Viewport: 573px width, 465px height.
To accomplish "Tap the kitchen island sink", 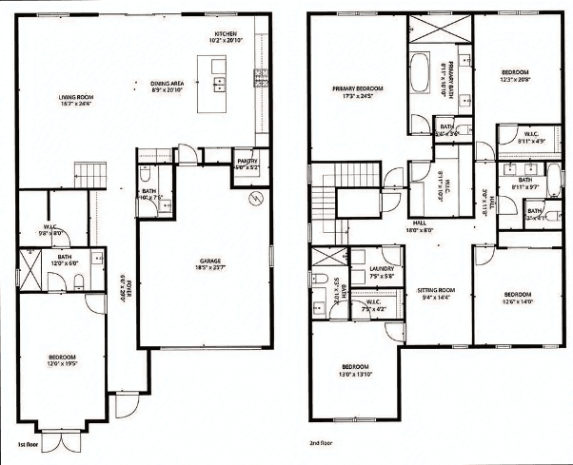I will coord(219,82).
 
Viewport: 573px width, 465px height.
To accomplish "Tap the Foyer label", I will coord(121,285).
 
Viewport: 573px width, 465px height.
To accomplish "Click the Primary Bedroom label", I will coord(356,89).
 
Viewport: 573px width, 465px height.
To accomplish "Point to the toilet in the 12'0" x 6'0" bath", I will coord(78,280).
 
